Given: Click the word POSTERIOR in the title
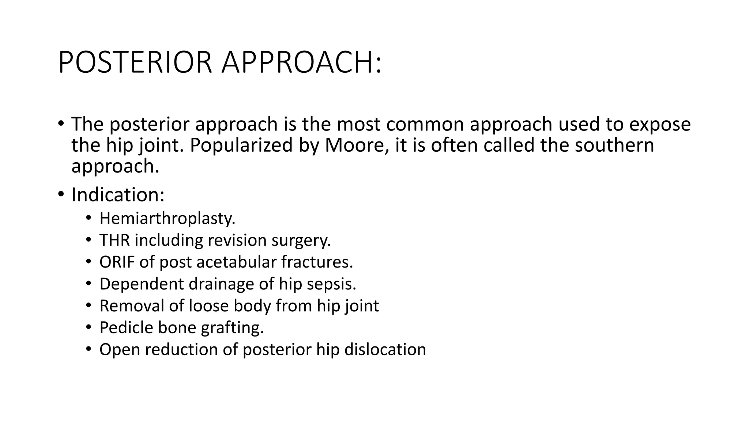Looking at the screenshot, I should click(x=135, y=62).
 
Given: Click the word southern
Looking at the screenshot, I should click(x=614, y=145).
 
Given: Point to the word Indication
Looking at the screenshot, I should click(x=117, y=194).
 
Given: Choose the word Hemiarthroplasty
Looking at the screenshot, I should click(x=167, y=219).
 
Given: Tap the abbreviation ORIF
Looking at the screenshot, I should click(x=117, y=262).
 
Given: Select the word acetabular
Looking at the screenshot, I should click(x=237, y=262).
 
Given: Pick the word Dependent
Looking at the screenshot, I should click(x=142, y=284).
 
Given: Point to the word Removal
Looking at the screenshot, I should click(x=131, y=306).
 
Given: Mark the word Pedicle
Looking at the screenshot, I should click(x=126, y=327).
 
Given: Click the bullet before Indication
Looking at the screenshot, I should click(x=61, y=194).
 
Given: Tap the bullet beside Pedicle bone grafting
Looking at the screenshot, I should click(x=88, y=327).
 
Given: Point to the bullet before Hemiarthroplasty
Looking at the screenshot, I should click(x=88, y=219).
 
